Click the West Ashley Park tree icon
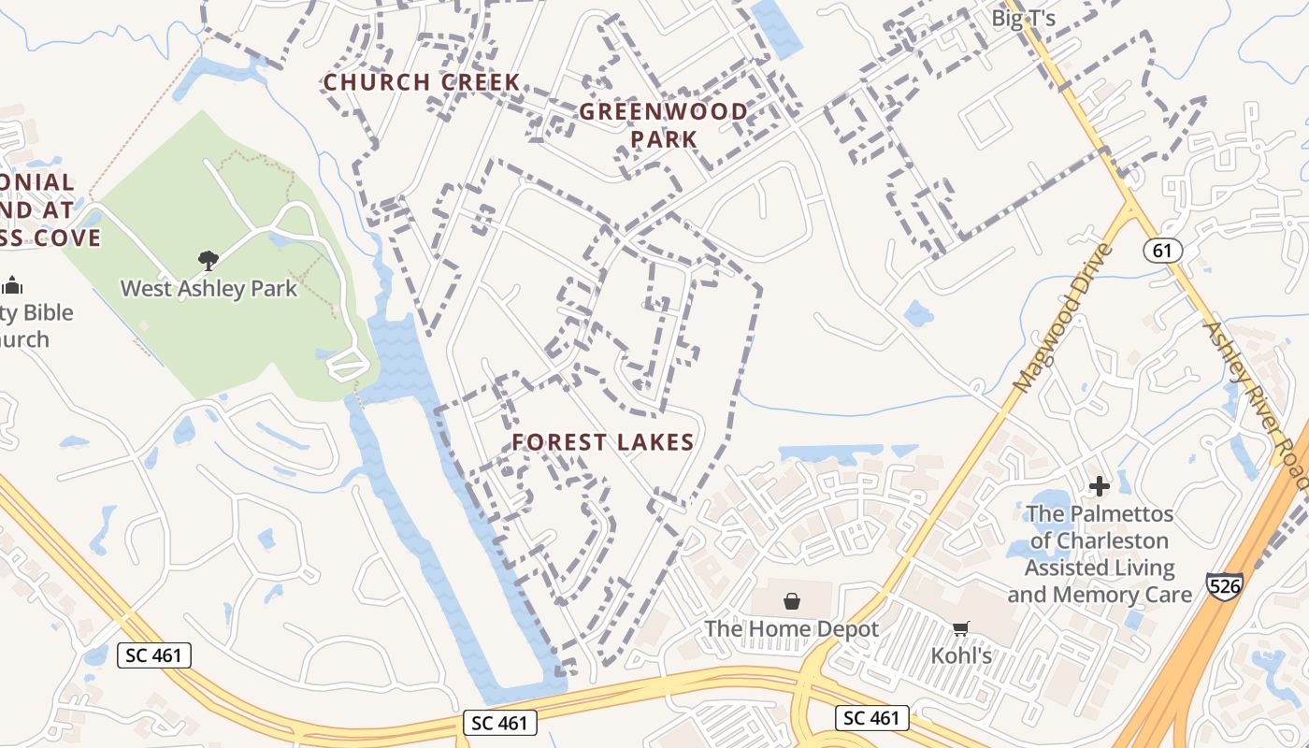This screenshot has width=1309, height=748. tap(209, 260)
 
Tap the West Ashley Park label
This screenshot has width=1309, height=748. tap(209, 288)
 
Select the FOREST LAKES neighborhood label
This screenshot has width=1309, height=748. tap(603, 442)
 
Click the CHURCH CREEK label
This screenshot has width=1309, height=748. tap(422, 82)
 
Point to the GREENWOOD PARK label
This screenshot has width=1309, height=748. tap(664, 124)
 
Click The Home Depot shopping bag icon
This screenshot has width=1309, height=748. tap(792, 600)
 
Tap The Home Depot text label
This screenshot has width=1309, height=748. tap(792, 628)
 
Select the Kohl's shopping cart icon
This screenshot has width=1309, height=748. tap(960, 628)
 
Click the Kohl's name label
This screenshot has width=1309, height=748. tap(961, 656)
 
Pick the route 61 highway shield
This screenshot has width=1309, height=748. tap(1162, 251)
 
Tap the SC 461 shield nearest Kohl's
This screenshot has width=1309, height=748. tap(870, 717)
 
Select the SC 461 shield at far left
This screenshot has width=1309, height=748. tap(154, 655)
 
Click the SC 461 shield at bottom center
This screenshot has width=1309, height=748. tap(500, 723)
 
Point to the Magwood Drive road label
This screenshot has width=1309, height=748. tap(1064, 318)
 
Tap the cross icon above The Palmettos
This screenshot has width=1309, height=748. tap(1100, 486)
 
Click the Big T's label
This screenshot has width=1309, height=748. tap(1024, 19)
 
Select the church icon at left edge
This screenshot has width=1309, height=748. tap(12, 285)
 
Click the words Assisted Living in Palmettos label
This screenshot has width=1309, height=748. tap(1100, 568)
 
